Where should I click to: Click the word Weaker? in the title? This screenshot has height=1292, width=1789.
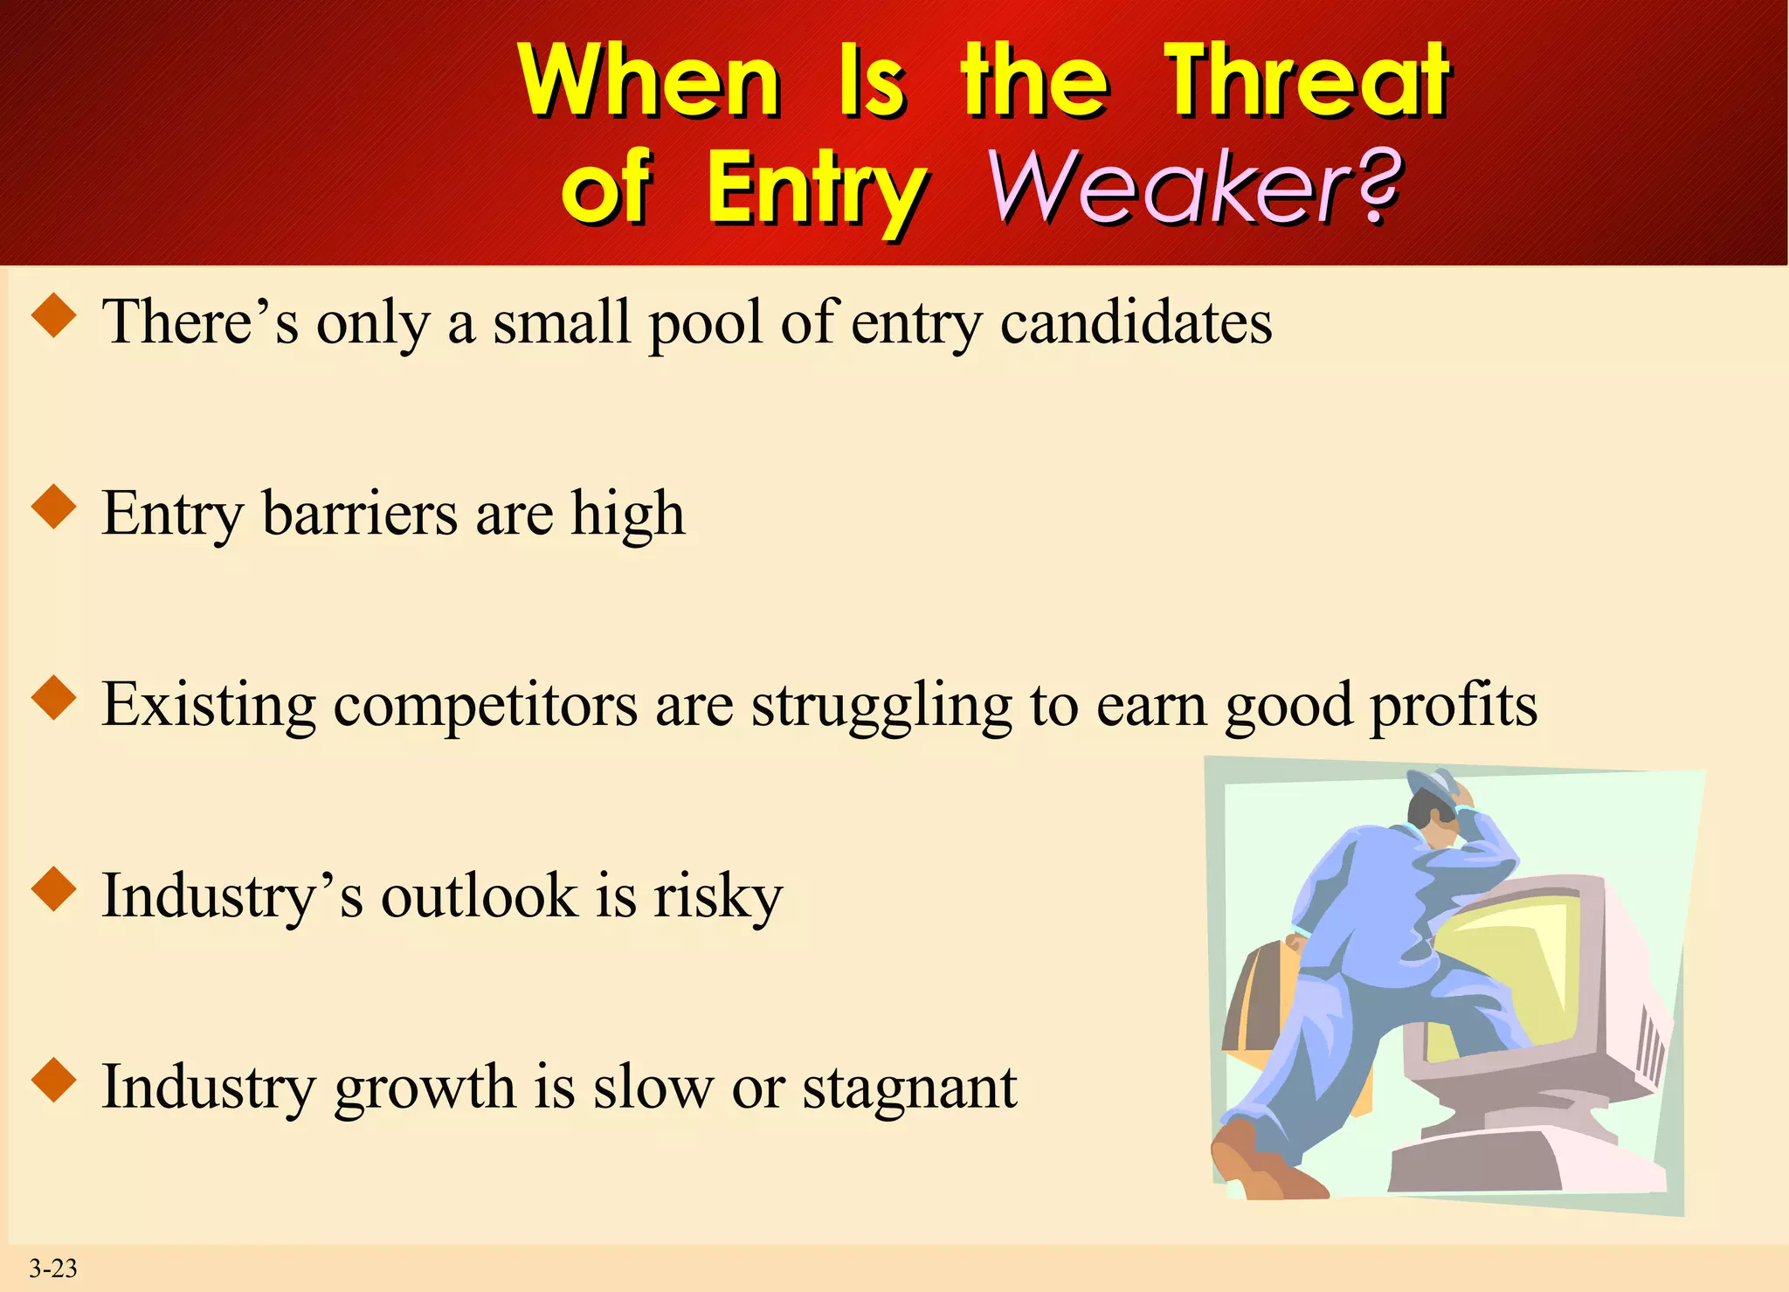click(1195, 187)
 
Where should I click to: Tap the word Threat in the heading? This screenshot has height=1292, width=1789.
click(1309, 80)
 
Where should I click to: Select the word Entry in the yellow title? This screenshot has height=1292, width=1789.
click(816, 189)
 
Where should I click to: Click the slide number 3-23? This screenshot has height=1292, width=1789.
click(53, 1268)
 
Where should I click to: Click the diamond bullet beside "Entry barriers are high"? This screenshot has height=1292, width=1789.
click(54, 508)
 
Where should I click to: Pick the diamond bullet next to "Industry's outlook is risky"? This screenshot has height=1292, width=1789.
click(54, 890)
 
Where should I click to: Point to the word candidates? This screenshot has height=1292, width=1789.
click(1136, 322)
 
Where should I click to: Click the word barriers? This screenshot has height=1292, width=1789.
click(359, 514)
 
